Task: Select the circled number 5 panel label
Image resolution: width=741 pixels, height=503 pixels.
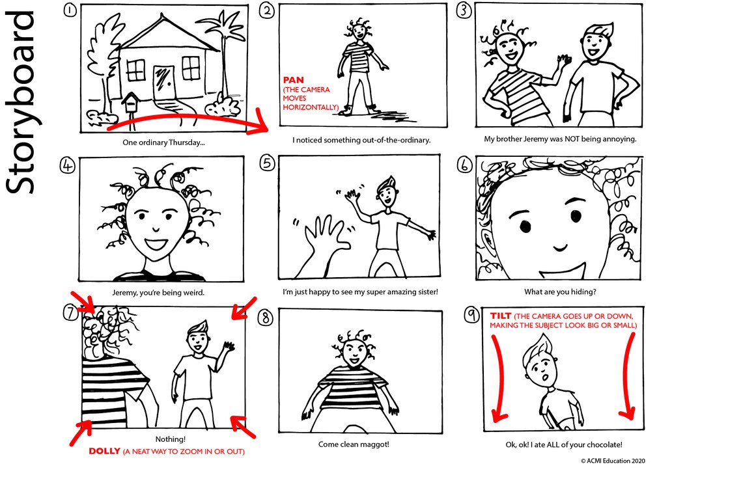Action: coord(268,163)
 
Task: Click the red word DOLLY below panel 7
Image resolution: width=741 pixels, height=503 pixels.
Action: coord(104,451)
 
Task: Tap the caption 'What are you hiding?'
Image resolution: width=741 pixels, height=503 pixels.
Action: coord(559,292)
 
